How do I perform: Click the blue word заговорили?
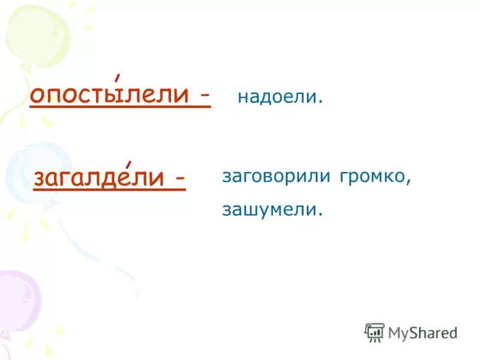277,177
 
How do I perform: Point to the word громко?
373,177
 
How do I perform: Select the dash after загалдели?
179,179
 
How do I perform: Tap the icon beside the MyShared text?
374,332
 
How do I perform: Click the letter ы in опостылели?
120,96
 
